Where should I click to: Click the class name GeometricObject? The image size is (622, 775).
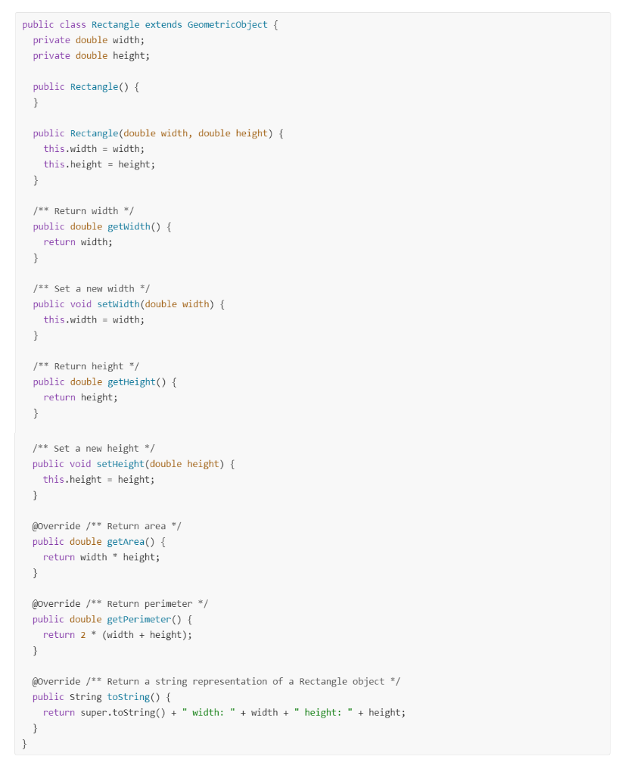pos(228,24)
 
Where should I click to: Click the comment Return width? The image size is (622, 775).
pos(83,211)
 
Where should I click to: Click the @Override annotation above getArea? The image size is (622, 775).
pos(57,526)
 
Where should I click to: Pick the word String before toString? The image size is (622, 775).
pos(86,697)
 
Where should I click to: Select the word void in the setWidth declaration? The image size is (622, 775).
pos(81,304)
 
